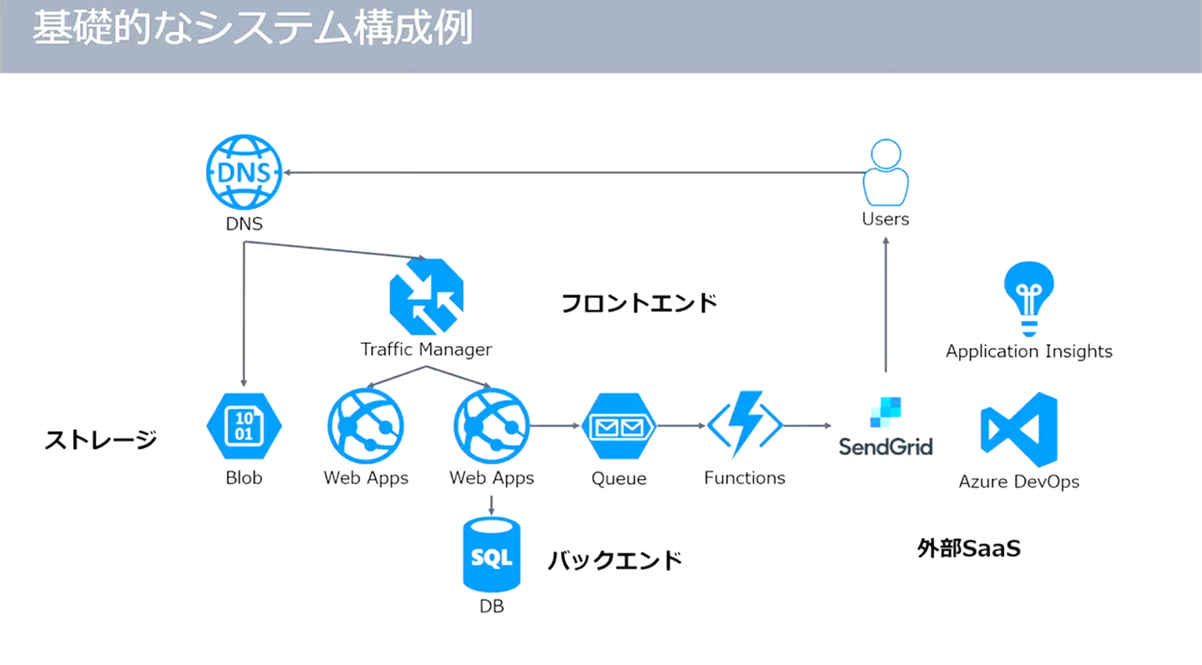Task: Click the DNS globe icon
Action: [x=243, y=173]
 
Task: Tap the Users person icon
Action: [x=886, y=173]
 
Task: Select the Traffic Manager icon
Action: [x=427, y=297]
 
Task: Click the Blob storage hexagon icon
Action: [x=244, y=426]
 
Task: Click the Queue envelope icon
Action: [x=619, y=426]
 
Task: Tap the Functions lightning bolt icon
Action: [x=745, y=424]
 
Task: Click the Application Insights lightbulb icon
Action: [x=1028, y=299]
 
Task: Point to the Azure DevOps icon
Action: [x=1019, y=429]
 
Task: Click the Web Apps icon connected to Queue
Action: [x=492, y=426]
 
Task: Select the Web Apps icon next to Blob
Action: [x=366, y=426]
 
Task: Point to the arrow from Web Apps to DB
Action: [x=492, y=504]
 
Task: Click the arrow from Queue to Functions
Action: [x=680, y=426]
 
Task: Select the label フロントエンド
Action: [x=639, y=302]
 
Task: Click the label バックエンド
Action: [x=615, y=559]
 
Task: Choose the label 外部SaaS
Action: [x=968, y=548]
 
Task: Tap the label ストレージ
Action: [x=100, y=439]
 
